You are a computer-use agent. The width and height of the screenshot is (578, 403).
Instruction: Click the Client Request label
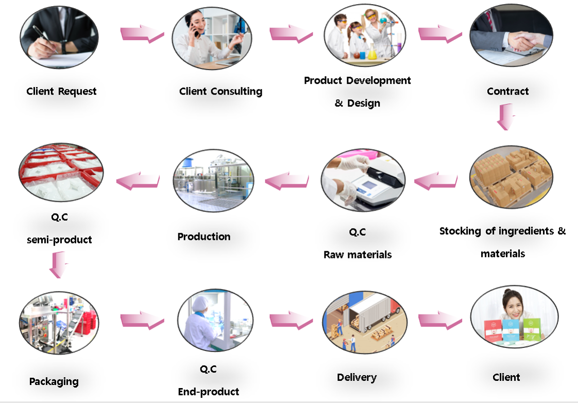click(x=61, y=91)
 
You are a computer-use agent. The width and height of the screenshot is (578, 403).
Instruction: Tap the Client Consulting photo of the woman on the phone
click(x=212, y=38)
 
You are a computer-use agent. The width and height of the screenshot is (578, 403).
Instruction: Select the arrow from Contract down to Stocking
click(x=506, y=117)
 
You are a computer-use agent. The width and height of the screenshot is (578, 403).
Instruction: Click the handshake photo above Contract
click(x=511, y=36)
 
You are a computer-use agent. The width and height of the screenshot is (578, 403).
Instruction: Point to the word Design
click(x=364, y=103)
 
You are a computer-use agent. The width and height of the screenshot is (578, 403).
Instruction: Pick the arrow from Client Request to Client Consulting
click(x=142, y=33)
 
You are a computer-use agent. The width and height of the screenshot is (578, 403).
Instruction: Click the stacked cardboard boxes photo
click(x=511, y=177)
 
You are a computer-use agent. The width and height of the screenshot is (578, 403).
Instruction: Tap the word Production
click(x=204, y=236)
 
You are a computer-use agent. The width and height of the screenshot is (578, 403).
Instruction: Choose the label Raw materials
click(x=358, y=255)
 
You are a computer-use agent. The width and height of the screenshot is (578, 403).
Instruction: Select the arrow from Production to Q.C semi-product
click(x=138, y=181)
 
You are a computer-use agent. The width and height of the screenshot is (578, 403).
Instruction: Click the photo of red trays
click(x=61, y=172)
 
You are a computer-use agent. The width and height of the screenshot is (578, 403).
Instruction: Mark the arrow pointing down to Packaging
click(x=59, y=265)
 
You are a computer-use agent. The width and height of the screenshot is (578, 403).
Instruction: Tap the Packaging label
click(x=54, y=381)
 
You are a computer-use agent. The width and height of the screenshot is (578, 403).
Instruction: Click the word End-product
click(x=208, y=392)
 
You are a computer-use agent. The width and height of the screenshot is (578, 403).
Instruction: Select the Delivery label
click(x=357, y=377)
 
